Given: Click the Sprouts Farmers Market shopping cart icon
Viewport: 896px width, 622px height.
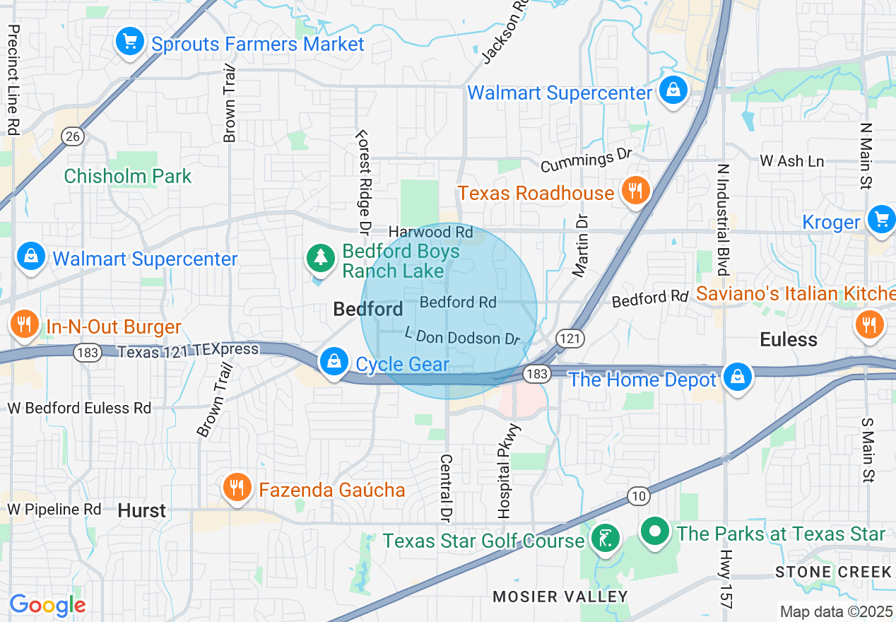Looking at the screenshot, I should click(129, 42).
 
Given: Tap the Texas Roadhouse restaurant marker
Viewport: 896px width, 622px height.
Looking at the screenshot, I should click(636, 191).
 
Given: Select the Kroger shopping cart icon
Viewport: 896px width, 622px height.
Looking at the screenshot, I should click(880, 218).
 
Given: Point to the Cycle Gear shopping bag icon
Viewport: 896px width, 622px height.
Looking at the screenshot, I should click(333, 362).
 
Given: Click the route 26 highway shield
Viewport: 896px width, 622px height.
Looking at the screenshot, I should click(73, 136).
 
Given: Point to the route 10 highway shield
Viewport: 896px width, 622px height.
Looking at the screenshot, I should click(639, 496).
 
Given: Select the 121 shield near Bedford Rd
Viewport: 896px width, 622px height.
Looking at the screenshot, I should click(569, 339).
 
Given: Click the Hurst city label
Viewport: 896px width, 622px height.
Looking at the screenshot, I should click(142, 510).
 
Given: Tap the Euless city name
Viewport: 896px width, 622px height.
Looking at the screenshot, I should click(789, 339).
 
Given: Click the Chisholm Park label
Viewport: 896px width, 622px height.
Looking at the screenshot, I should click(128, 176).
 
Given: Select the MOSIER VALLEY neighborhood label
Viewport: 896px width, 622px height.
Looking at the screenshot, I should click(560, 597).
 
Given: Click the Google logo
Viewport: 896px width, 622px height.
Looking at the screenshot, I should click(47, 605).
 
